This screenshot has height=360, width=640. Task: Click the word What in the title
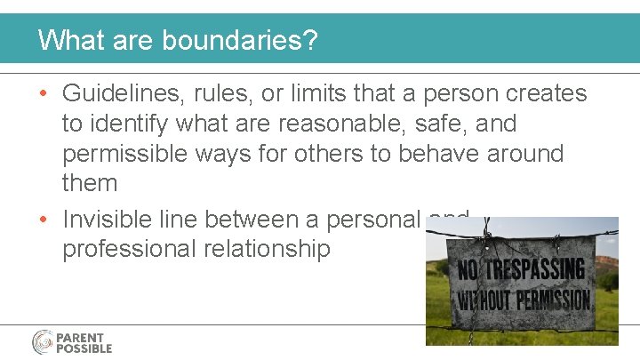click(68, 40)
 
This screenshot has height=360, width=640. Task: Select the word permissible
click(138, 154)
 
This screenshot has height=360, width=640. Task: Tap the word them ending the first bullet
click(90, 183)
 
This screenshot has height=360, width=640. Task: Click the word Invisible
click(117, 218)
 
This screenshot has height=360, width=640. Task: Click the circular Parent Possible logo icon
click(43, 342)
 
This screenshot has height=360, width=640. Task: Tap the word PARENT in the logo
click(81, 338)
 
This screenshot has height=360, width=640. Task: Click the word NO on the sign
click(468, 269)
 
